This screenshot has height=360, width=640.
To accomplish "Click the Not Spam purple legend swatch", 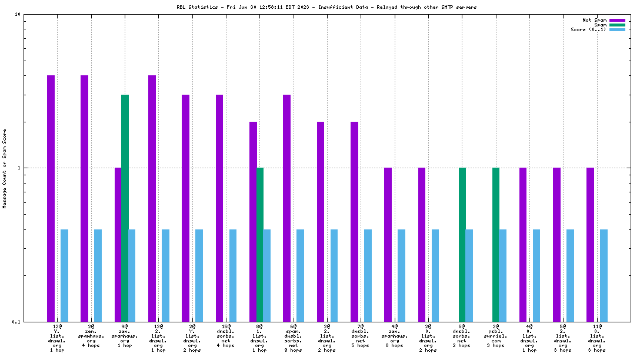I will pos(617,20).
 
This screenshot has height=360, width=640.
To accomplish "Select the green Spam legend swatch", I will pos(617,25).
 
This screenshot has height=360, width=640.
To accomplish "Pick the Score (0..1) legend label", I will pos(588,29).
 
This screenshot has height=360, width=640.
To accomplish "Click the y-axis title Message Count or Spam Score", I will pos(4,169).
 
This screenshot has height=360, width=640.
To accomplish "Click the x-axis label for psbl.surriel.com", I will pos(496,335).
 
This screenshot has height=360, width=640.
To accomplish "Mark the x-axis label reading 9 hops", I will pos(294,350).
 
